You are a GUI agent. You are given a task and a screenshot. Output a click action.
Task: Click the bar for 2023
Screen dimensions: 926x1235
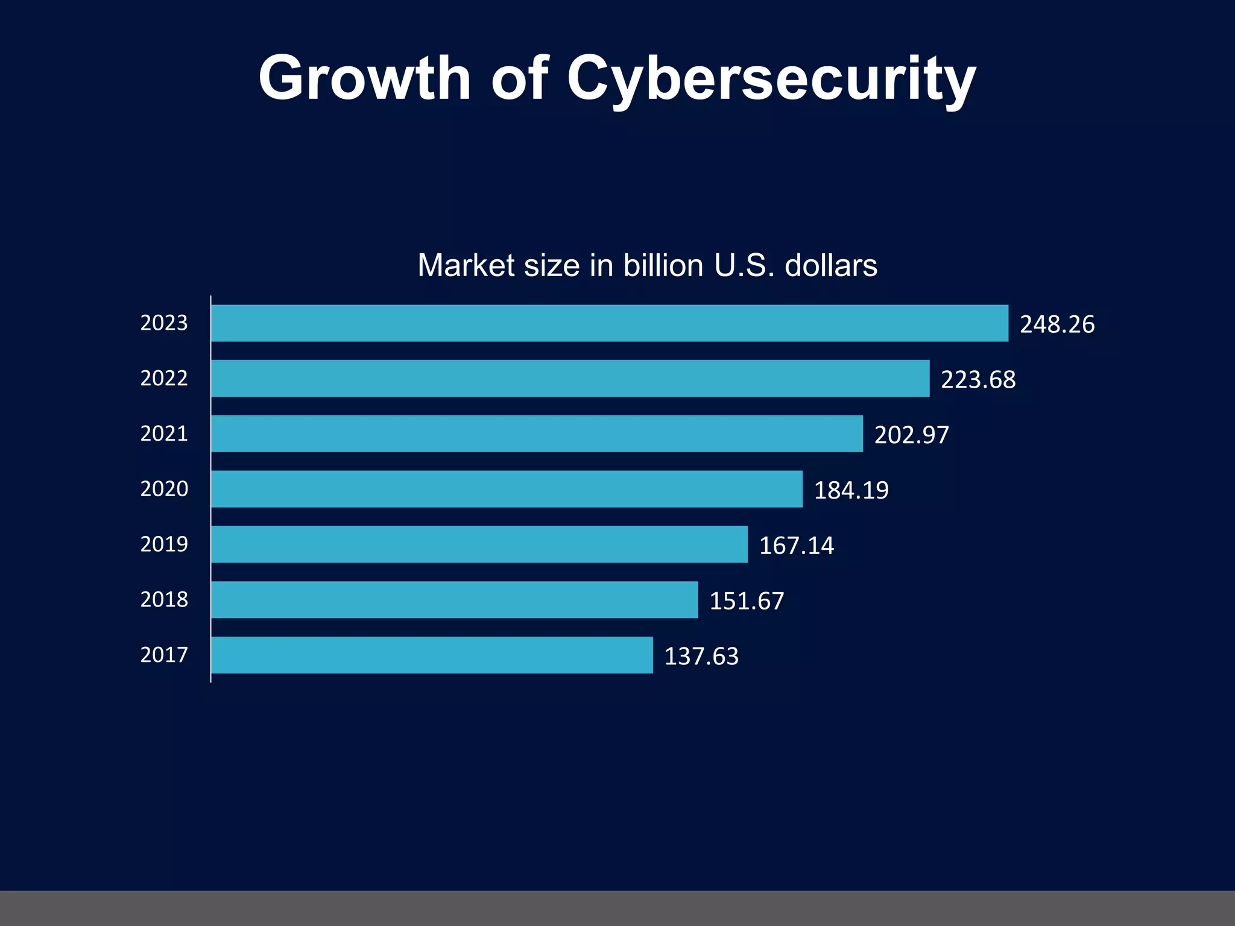[609, 323]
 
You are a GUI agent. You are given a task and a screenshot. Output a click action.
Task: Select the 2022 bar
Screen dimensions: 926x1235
[570, 379]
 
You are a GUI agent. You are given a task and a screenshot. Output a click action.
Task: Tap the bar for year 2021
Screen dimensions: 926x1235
[537, 433]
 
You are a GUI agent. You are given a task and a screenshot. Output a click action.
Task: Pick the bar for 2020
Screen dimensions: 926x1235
[507, 489]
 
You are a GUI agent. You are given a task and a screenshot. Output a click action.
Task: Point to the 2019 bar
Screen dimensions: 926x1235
[479, 544]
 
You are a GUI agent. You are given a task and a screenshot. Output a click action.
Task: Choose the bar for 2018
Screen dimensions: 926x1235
[454, 600]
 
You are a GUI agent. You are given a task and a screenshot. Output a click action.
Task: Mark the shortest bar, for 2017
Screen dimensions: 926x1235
[432, 655]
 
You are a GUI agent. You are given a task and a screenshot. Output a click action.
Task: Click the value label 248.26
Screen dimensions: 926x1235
[1057, 324]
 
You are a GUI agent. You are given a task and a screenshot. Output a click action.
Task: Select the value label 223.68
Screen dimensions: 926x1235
[978, 380]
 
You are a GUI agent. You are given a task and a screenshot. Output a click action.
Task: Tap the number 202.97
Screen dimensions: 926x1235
[912, 435]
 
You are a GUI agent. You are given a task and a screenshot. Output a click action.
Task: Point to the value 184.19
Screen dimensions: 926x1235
[851, 491]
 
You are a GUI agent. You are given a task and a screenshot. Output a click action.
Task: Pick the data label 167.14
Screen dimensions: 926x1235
[796, 546]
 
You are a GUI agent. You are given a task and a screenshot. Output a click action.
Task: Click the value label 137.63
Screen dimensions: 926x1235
[701, 657]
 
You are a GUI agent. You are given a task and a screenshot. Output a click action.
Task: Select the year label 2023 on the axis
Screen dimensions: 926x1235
[164, 323]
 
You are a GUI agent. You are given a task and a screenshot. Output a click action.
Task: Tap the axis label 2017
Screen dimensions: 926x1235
[164, 655]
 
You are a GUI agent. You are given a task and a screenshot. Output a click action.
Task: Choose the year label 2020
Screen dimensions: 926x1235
[164, 489]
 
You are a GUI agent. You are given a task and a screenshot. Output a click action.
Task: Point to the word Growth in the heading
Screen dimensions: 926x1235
[364, 78]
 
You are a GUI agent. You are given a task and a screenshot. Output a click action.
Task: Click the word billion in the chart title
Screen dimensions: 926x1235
[663, 265]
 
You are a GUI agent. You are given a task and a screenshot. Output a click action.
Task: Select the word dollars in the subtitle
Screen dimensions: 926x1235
[830, 265]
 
